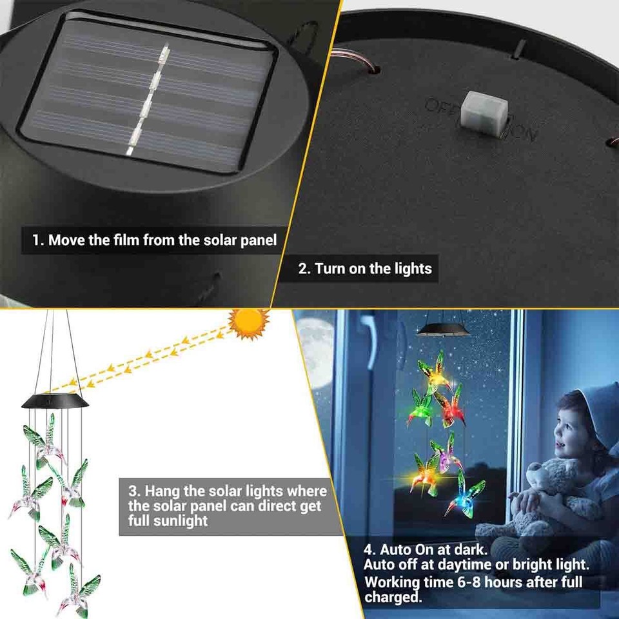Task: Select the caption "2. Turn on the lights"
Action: coord(365,268)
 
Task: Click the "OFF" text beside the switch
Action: coord(440,106)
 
